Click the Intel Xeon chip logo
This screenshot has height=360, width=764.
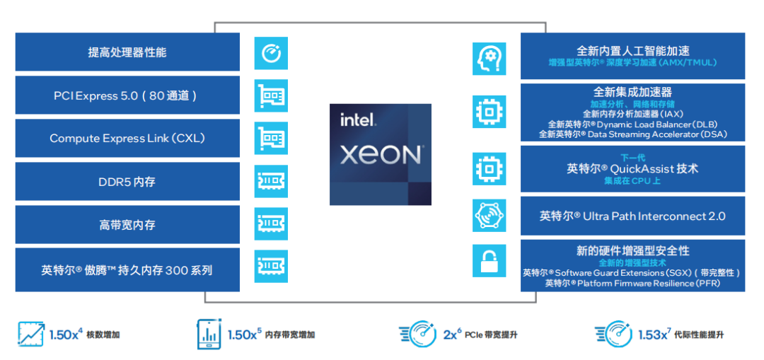point(381,154)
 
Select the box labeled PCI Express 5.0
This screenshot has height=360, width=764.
point(127,95)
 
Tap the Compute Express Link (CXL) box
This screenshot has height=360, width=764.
point(127,139)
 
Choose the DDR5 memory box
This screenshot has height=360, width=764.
point(127,182)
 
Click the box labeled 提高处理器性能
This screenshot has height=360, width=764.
point(127,52)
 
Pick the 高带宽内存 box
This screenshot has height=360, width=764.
point(127,225)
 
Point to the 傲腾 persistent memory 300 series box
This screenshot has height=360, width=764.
point(127,269)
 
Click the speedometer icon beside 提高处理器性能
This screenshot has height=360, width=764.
point(272,53)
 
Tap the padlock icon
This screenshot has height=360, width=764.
point(490,261)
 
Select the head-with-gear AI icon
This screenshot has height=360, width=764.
point(490,59)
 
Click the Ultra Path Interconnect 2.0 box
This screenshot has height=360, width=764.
point(632,216)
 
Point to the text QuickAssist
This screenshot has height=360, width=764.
point(640,169)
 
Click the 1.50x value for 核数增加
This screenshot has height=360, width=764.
point(66,334)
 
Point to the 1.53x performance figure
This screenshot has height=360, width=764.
point(652,334)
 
